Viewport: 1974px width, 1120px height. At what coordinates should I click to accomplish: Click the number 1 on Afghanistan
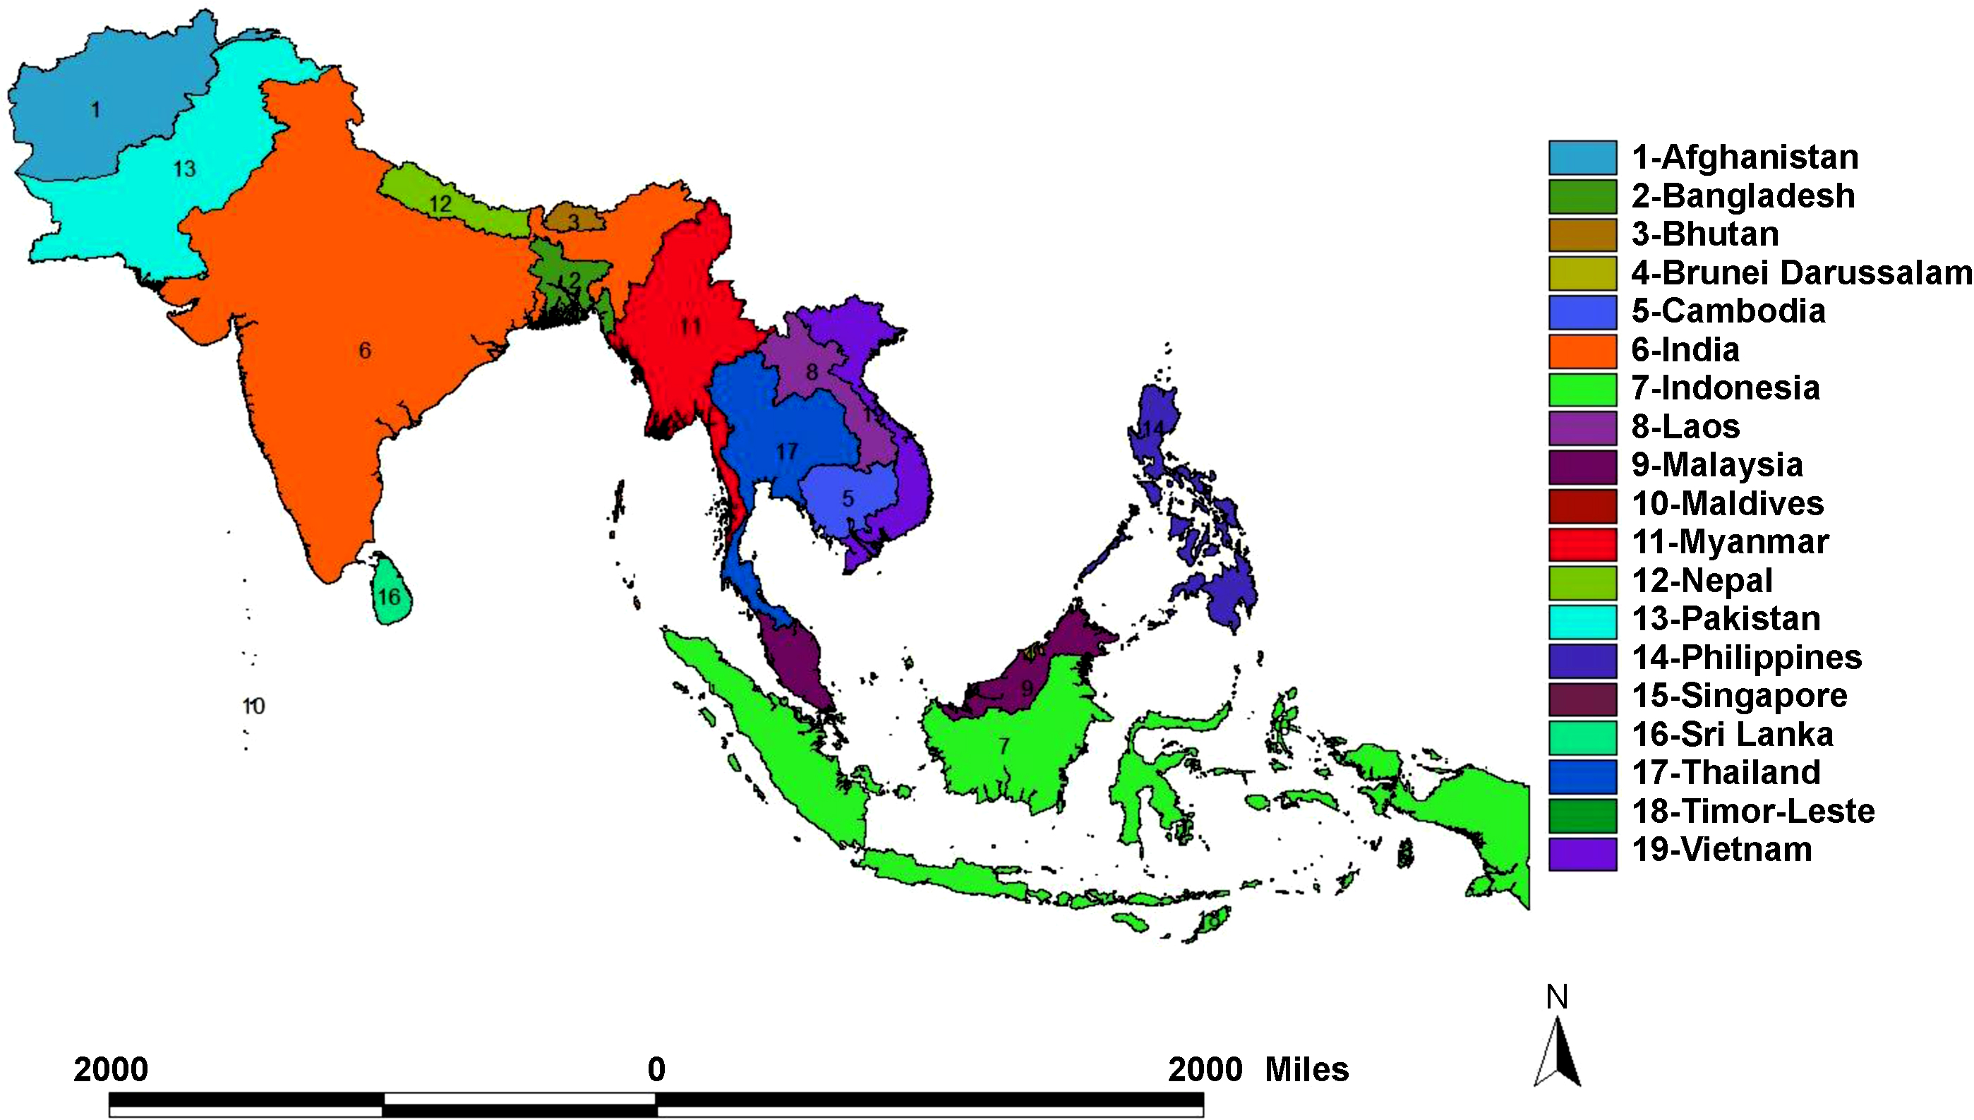coord(95,109)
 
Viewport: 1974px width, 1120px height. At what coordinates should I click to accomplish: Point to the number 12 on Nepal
coord(440,204)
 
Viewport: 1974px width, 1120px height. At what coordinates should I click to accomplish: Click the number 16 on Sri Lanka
coord(388,597)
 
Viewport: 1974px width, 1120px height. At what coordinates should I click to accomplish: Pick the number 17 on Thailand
coord(787,452)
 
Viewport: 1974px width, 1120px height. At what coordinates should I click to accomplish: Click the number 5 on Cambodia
coord(848,498)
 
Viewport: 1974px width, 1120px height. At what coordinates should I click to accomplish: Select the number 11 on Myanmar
coord(690,327)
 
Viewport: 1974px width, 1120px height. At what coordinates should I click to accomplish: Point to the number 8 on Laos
coord(812,373)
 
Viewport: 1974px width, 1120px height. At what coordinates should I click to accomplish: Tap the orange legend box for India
coord(1582,351)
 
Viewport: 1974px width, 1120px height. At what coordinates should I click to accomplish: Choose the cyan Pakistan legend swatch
coord(1582,621)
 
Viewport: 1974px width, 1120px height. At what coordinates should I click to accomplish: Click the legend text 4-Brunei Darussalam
coord(1801,273)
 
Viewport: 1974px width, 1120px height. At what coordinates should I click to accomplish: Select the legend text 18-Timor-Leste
coord(1752,812)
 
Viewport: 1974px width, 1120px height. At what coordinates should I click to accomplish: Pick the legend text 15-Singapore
coord(1739,696)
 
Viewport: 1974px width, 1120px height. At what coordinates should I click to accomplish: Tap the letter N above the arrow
coord(1556,998)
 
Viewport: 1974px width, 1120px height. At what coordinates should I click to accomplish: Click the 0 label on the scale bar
coord(656,1069)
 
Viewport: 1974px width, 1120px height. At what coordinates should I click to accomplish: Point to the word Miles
coord(1306,1069)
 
